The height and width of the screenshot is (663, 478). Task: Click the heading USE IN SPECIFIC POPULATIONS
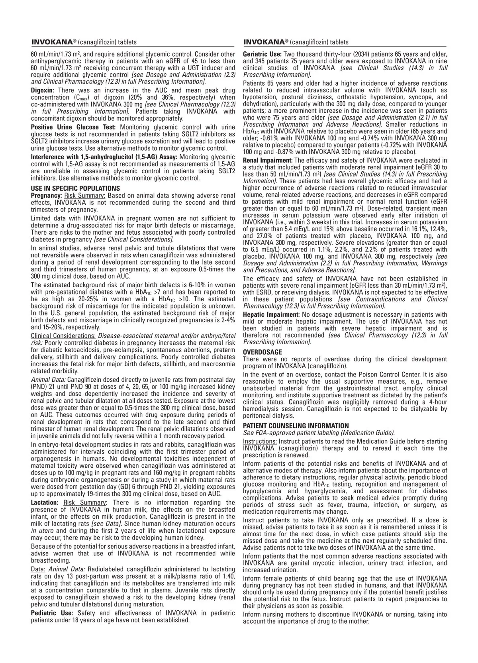tap(75, 188)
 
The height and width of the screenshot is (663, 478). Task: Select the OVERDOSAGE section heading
tap(263, 352)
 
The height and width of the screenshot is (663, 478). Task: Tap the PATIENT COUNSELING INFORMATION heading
tap(296, 426)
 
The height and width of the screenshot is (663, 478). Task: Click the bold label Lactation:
tap(45, 502)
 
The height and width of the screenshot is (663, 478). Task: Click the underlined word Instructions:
tap(260, 441)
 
